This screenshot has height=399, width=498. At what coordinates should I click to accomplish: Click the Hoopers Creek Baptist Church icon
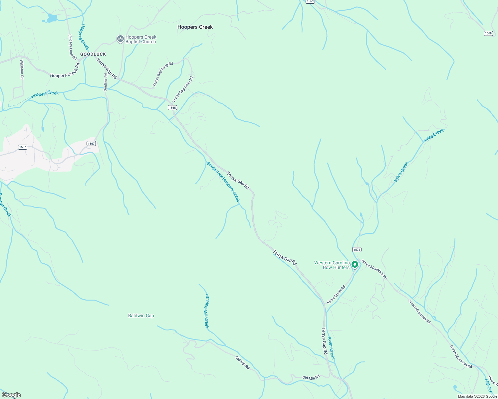click(x=120, y=39)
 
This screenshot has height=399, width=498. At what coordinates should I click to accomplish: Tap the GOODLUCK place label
click(x=93, y=54)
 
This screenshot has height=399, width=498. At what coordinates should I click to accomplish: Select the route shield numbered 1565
click(x=172, y=107)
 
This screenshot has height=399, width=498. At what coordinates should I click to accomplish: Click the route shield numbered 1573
click(x=357, y=249)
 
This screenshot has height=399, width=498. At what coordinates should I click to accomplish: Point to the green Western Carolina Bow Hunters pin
click(x=355, y=265)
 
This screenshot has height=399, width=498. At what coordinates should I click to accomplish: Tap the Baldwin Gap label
click(x=141, y=316)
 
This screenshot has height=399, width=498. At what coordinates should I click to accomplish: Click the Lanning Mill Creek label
click(x=207, y=311)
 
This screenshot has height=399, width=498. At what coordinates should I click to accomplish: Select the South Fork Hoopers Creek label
click(x=223, y=182)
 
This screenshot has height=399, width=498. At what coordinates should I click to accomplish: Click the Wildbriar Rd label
click(x=22, y=69)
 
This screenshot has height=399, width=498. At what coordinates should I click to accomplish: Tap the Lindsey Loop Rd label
click(x=72, y=47)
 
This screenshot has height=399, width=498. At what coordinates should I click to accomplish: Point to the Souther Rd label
click(x=106, y=82)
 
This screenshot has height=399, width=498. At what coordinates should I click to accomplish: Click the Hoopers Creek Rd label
click(x=65, y=70)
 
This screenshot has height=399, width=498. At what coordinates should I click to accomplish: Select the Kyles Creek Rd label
click(x=336, y=294)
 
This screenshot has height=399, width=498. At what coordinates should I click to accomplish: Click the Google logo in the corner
click(x=11, y=395)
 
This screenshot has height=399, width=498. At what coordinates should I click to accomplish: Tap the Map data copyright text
click(x=477, y=396)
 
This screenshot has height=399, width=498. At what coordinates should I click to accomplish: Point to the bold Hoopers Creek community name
click(x=195, y=27)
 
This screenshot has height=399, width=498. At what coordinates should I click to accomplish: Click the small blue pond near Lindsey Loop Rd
click(x=52, y=18)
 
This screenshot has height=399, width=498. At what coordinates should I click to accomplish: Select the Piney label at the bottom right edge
click(x=492, y=380)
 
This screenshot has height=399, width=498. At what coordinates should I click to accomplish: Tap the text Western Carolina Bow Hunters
click(x=332, y=265)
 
